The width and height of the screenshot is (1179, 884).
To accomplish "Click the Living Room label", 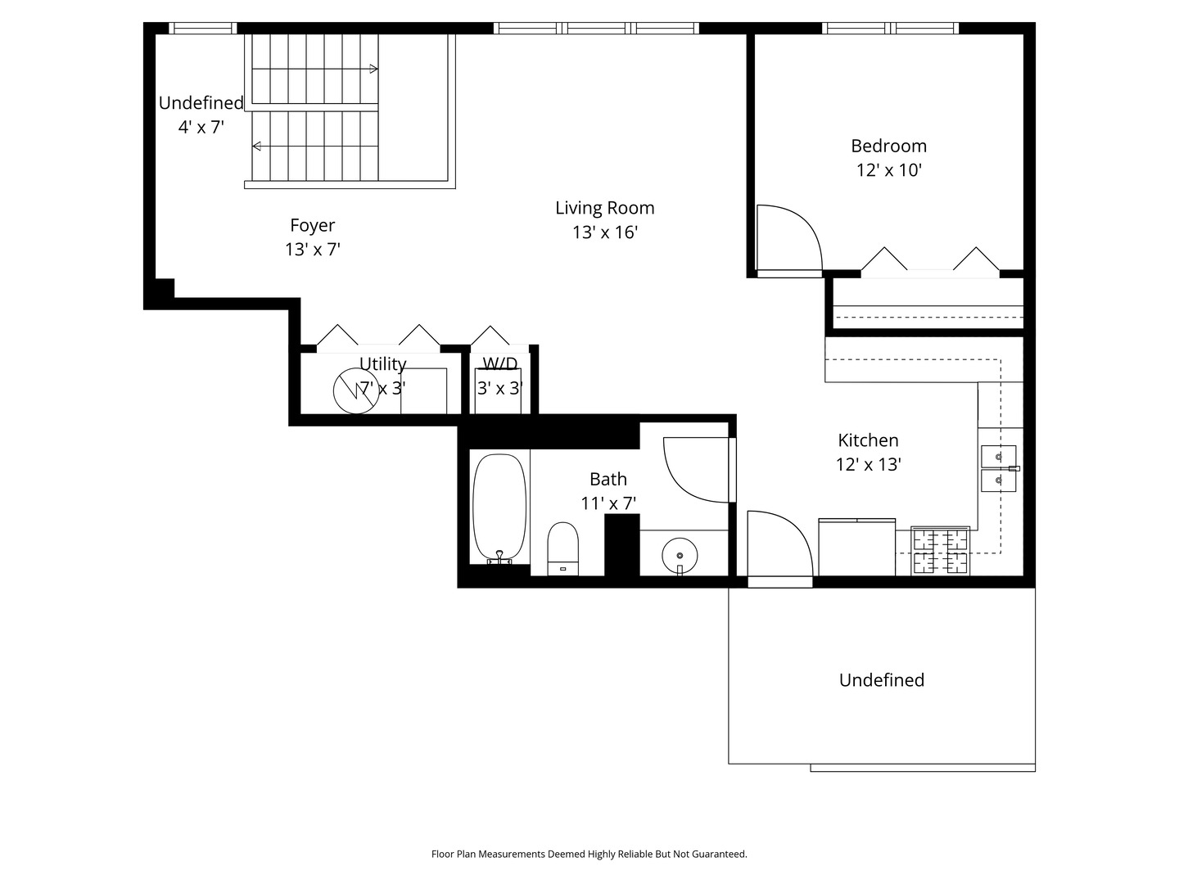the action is pos(605,208).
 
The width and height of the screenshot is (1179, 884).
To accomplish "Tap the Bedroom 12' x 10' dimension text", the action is pos(889,170).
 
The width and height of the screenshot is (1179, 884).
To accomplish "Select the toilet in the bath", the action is pos(563,548).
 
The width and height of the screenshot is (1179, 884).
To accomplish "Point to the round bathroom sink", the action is pos(680,556).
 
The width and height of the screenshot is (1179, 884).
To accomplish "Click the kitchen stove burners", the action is pos(940,551).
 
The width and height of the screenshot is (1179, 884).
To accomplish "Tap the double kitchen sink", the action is pos(999,468).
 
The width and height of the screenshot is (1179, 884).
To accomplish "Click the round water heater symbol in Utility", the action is pos(356,390).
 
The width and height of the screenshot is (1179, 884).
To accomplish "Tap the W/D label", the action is pos(500,364).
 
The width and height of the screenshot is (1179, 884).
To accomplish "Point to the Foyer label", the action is pos(313,225).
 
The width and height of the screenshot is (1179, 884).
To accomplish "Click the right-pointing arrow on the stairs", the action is pos(314,69).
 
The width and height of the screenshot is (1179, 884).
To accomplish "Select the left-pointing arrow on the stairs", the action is pos(314,146).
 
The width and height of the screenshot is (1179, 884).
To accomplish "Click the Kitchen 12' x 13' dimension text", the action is pos(868,464).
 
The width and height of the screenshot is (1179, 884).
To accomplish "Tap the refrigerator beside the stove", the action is pos(856,547).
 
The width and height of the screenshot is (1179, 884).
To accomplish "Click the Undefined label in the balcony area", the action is pos(882,680).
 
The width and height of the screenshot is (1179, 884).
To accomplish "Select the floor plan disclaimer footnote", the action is pos(589,854).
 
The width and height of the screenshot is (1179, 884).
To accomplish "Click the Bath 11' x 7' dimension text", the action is pos(608,503).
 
